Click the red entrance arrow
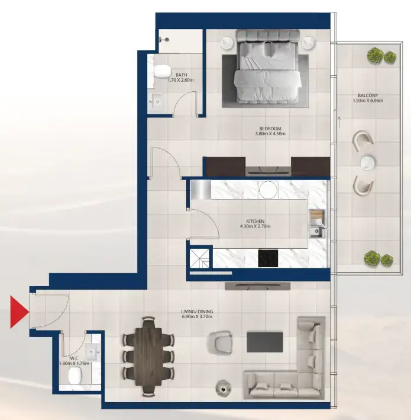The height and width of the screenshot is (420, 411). click(x=20, y=312)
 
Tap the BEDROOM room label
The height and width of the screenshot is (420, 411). click(x=270, y=129)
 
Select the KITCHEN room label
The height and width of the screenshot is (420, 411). click(x=255, y=221)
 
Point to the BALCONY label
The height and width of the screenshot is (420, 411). click(x=368, y=95)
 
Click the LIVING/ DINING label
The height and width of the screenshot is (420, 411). click(x=197, y=312)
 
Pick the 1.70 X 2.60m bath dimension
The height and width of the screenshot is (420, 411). click(x=181, y=80)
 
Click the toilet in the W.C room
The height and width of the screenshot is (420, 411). click(x=75, y=375)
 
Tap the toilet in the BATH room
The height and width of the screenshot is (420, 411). click(x=162, y=71)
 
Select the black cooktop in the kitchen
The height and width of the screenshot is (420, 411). click(x=268, y=258)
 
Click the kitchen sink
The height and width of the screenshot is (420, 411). click(x=317, y=231)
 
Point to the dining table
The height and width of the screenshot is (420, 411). click(x=148, y=357)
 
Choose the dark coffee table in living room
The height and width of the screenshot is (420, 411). click(x=265, y=342)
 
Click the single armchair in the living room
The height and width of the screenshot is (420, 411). click(x=219, y=342)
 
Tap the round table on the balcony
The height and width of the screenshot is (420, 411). click(x=368, y=162)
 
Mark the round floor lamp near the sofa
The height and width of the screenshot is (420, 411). click(x=224, y=387)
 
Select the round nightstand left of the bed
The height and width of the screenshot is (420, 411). click(x=228, y=43)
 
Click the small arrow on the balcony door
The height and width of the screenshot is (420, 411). click(x=339, y=123)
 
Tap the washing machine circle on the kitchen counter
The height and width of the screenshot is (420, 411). click(x=268, y=190)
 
